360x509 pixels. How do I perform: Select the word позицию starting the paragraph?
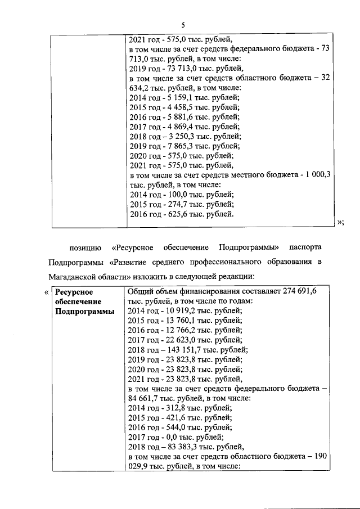point(85,247)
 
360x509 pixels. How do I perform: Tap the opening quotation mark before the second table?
point(46,292)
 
